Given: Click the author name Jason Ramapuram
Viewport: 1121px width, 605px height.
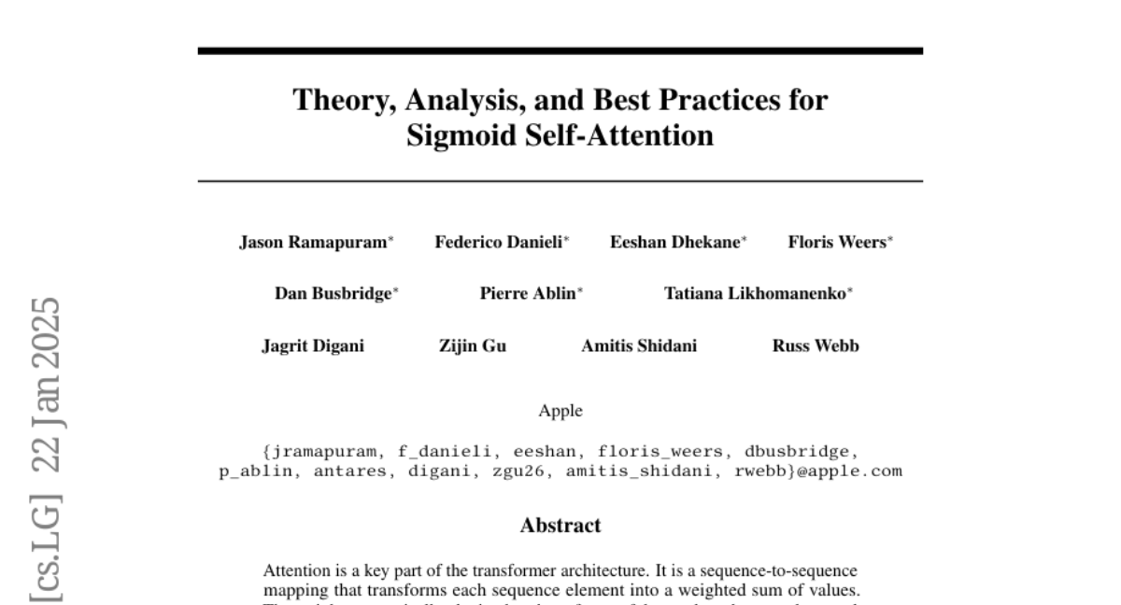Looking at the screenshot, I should point(315,243).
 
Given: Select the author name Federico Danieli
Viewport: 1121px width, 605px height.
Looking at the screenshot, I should point(500,243).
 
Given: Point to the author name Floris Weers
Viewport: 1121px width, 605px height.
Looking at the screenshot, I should point(837,243).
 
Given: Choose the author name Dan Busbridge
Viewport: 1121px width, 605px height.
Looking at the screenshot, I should point(333,294).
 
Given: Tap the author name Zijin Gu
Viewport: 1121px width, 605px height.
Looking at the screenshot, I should point(473,345).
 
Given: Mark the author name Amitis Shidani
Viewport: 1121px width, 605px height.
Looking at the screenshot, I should point(639,345).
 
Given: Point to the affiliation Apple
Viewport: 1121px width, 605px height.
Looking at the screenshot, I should point(560,411).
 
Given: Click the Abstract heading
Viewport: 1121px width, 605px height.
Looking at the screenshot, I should point(560,526).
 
